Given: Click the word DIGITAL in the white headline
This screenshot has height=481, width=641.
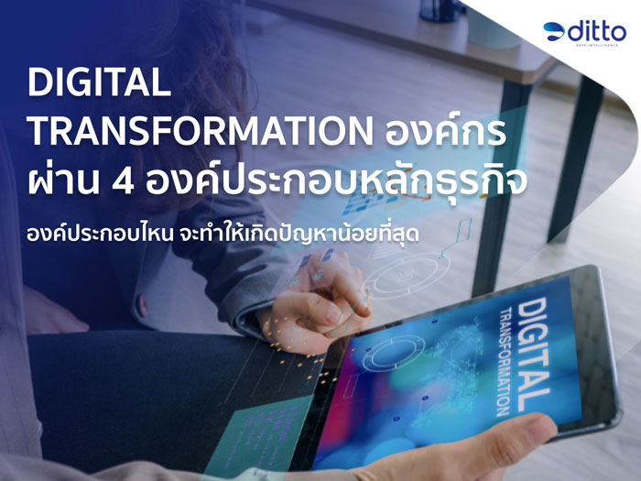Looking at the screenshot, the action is pyautogui.click(x=99, y=82).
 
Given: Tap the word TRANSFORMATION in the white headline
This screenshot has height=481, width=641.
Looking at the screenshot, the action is pyautogui.click(x=200, y=131).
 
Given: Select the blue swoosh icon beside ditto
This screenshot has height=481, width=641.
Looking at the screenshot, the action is pyautogui.click(x=554, y=31).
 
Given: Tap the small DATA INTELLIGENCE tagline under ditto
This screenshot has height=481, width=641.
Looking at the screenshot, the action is pyautogui.click(x=597, y=45).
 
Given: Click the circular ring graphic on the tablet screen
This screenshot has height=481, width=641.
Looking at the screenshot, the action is pyautogui.click(x=394, y=352).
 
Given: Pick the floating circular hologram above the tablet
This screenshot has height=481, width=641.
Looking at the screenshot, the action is pyautogui.click(x=406, y=273).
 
